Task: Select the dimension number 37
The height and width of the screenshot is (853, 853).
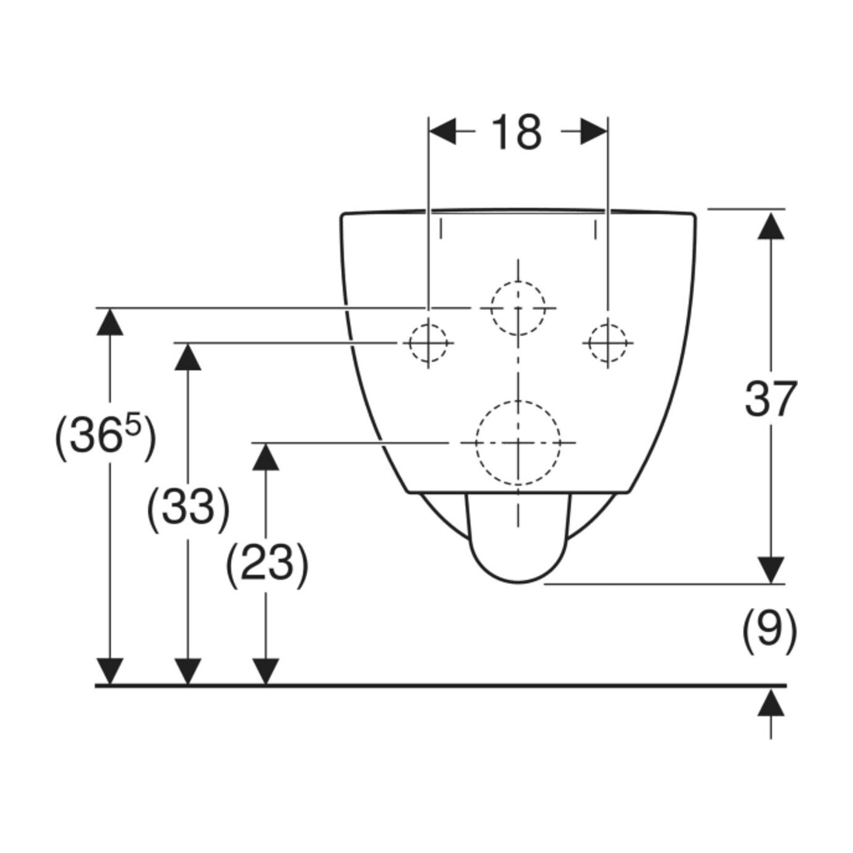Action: pyautogui.click(x=770, y=399)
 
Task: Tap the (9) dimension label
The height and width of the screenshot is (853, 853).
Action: pyautogui.click(x=769, y=631)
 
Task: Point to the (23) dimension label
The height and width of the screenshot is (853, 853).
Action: pyautogui.click(x=267, y=563)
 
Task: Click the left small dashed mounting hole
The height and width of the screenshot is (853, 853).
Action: pyautogui.click(x=428, y=343)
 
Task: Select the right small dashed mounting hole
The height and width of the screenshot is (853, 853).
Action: pyautogui.click(x=608, y=343)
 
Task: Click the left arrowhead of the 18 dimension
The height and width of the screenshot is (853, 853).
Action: pyautogui.click(x=442, y=131)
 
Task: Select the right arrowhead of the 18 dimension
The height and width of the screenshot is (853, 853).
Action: pyautogui.click(x=594, y=131)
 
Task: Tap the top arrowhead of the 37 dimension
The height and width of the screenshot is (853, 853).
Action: pyautogui.click(x=771, y=225)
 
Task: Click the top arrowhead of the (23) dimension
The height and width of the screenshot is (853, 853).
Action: pyautogui.click(x=265, y=457)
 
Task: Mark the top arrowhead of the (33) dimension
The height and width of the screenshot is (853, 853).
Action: pyautogui.click(x=188, y=357)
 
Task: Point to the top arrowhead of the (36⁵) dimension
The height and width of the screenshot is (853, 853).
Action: pyautogui.click(x=110, y=322)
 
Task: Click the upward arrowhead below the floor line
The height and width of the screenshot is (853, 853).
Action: pyautogui.click(x=771, y=703)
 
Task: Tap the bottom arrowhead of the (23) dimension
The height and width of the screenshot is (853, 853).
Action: pyautogui.click(x=265, y=672)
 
